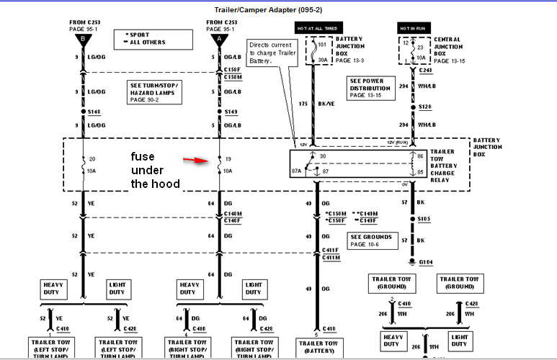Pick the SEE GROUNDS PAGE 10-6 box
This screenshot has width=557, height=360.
pyautogui.click(x=373, y=240)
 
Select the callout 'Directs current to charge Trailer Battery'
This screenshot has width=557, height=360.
pyautogui.click(x=272, y=53)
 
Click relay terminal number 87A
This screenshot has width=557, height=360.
pyautogui.click(x=296, y=171)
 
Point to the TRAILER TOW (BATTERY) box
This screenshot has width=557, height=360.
pyautogui.click(x=316, y=348)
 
